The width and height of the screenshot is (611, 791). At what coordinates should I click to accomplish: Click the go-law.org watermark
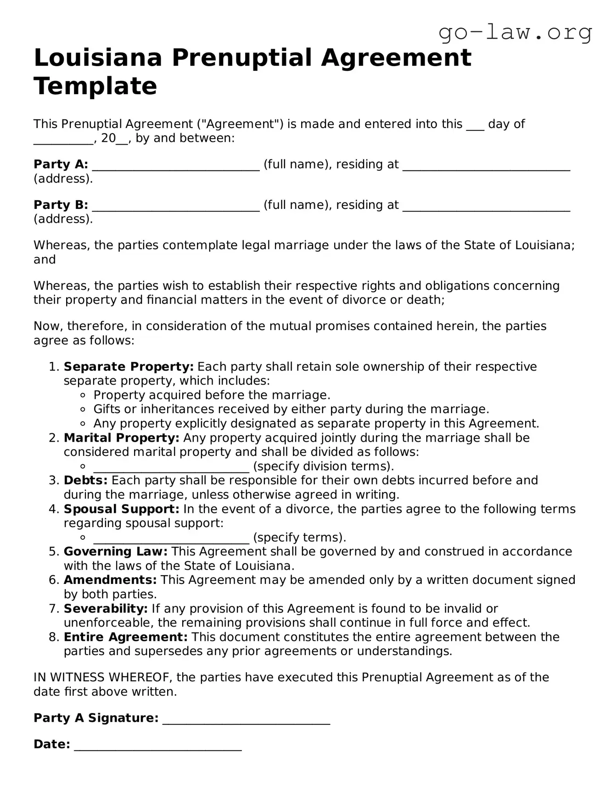pos(515,33)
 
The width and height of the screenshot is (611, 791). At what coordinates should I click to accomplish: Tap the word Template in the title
pos(95,86)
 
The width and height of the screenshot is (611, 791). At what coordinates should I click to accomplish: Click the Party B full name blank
pos(176,207)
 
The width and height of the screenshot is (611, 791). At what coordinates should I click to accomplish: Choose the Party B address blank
pos(486,207)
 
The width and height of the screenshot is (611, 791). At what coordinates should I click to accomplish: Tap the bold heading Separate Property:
pos(129,367)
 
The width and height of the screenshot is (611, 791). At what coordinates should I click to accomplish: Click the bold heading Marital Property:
pos(122,438)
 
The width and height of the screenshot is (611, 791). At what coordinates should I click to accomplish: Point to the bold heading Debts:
pos(85,481)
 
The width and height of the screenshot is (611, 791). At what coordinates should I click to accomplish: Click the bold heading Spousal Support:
pos(122,509)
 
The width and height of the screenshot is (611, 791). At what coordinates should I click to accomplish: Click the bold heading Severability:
pos(106,609)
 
